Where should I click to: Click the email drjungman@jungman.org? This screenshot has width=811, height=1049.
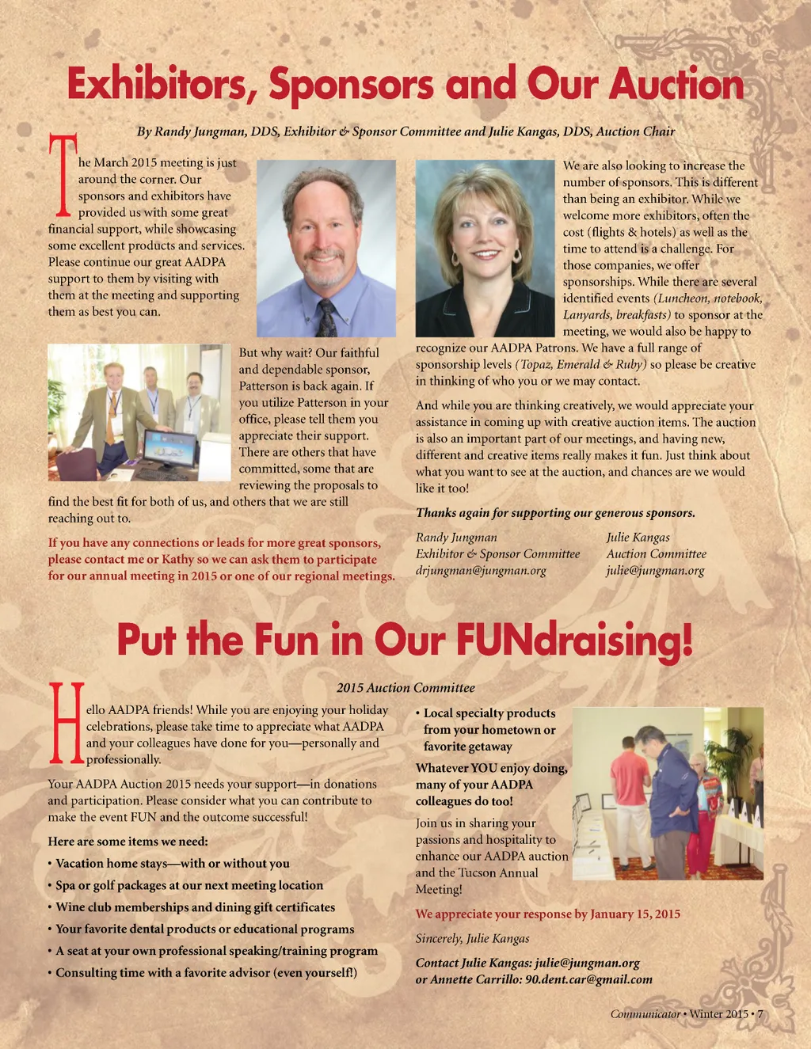tap(481, 571)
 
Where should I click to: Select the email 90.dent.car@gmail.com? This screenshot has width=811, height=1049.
tap(588, 979)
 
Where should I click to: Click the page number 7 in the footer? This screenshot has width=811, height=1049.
tap(760, 1014)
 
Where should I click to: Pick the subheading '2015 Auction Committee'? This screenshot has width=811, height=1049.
tap(405, 688)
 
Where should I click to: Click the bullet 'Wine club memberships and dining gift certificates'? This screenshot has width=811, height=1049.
tap(195, 907)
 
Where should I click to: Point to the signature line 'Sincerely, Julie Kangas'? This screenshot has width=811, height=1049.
tap(472, 938)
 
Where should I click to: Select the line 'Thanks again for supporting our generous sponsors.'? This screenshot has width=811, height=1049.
tap(555, 513)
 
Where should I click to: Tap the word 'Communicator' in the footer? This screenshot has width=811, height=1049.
tap(645, 1014)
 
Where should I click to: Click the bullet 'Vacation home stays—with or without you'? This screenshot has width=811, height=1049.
tap(172, 864)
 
